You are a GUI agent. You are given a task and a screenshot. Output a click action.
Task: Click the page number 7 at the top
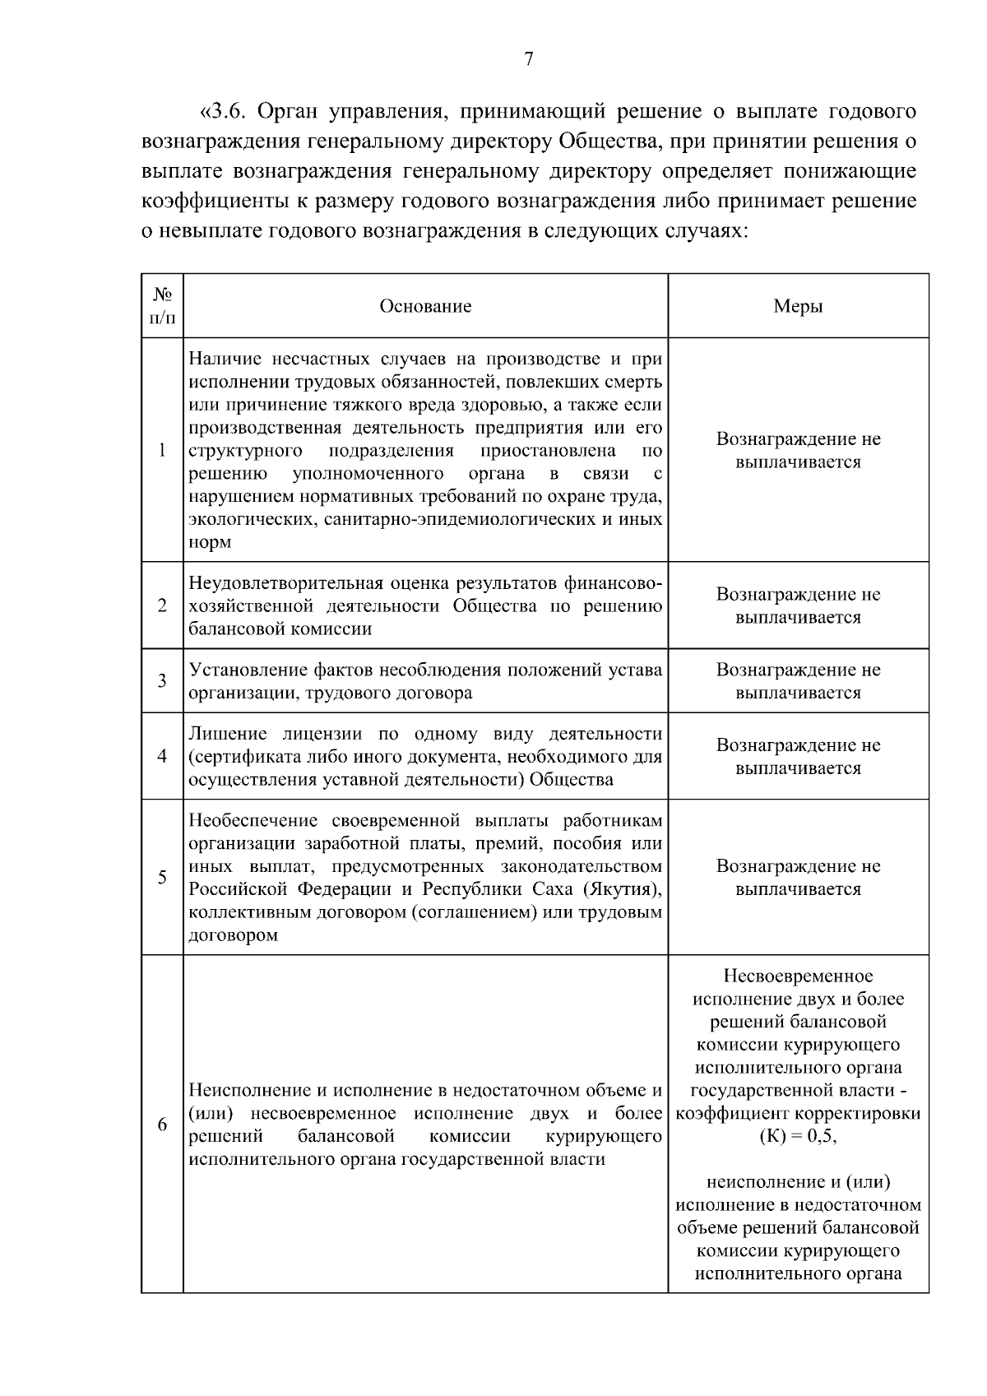(529, 59)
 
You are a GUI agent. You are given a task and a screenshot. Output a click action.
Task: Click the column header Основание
(425, 307)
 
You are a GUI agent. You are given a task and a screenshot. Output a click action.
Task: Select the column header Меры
(798, 307)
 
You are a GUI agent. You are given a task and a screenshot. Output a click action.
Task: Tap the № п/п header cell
(162, 306)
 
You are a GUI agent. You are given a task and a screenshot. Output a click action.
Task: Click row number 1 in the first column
(162, 450)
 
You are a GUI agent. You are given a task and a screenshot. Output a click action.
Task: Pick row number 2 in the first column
(162, 606)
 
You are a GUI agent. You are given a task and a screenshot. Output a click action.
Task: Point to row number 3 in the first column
(162, 681)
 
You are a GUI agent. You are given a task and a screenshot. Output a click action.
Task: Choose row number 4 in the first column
(162, 756)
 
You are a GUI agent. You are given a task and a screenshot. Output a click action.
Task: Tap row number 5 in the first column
(162, 877)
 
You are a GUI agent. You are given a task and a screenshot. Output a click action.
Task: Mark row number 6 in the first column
(162, 1125)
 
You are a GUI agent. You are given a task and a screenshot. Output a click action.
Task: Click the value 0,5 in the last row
(820, 1137)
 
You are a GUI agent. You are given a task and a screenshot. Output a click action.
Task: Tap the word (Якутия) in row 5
(619, 889)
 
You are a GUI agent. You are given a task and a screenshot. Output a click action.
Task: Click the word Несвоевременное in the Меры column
(798, 976)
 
